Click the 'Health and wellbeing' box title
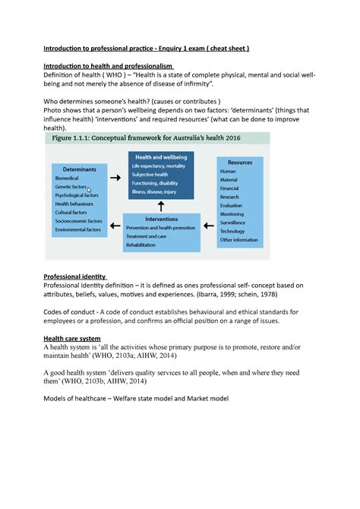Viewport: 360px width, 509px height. [161, 156]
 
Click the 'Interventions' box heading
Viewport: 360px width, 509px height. [162, 218]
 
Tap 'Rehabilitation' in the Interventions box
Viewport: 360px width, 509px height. [146, 245]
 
